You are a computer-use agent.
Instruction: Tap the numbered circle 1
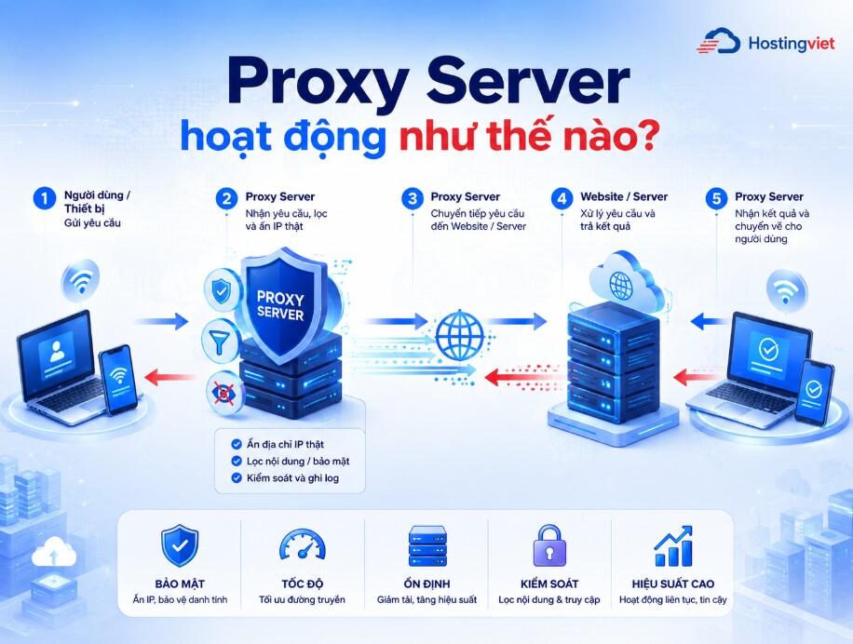pos(44,198)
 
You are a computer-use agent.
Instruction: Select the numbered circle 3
pos(412,198)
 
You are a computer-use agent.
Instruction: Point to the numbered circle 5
pos(716,198)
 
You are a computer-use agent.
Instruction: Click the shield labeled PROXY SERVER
pos(279,305)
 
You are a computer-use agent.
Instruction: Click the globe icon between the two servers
pos(460,335)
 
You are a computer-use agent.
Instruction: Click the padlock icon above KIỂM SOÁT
pos(548,545)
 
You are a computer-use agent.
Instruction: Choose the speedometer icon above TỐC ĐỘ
pos(303,544)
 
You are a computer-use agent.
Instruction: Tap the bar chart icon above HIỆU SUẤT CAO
pos(673,546)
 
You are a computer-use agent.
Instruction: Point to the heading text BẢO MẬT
pos(180,584)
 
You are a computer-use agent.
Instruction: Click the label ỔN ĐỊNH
pos(426,584)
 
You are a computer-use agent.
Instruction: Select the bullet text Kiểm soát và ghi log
pos(292,478)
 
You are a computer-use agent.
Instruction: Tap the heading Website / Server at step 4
pos(624,196)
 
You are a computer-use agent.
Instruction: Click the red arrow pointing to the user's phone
pos(169,377)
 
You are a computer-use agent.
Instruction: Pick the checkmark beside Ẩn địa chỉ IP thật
pos(237,444)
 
